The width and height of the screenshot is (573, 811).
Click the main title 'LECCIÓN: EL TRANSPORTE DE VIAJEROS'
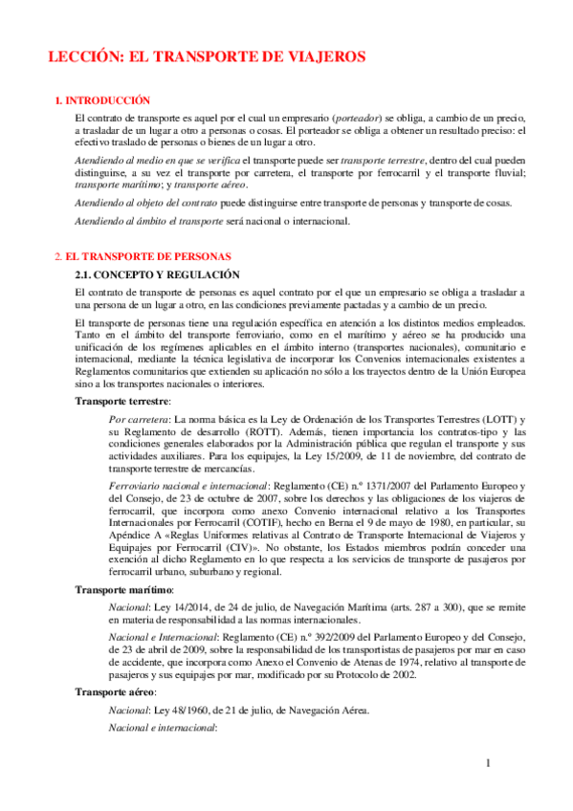tap(208, 57)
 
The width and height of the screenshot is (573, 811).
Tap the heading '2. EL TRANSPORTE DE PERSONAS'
tap(143, 256)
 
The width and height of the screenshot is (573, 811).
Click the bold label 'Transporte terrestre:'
tap(124, 400)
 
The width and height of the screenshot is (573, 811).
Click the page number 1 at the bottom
tap(487, 763)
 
